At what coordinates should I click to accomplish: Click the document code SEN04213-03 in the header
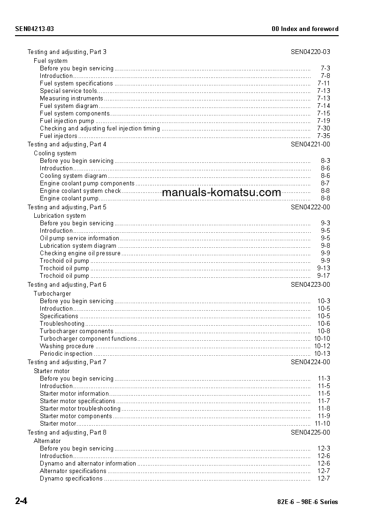point(34,29)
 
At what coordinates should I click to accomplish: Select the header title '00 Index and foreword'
point(305,29)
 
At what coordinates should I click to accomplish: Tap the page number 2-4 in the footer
point(21,501)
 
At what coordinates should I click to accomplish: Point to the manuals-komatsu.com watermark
point(221,192)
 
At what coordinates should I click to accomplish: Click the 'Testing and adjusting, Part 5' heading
point(67,207)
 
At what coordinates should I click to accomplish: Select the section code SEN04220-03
point(310,52)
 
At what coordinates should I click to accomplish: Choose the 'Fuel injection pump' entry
point(67,121)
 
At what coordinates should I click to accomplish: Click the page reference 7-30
point(323,128)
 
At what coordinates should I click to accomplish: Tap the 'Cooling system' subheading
point(55,153)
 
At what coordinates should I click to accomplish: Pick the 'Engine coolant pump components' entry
point(87,183)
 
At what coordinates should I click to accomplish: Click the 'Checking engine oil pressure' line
point(80,253)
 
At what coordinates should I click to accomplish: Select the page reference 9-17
point(323,275)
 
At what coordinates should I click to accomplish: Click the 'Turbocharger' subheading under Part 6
point(52,293)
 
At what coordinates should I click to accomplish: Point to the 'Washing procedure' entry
point(67,346)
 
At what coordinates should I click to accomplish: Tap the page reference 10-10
point(322,338)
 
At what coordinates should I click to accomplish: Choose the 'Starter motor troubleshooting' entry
point(80,408)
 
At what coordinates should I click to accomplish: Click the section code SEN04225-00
point(310,432)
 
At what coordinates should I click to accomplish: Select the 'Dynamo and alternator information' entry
point(88,463)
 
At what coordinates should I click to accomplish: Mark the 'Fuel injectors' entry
point(59,136)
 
